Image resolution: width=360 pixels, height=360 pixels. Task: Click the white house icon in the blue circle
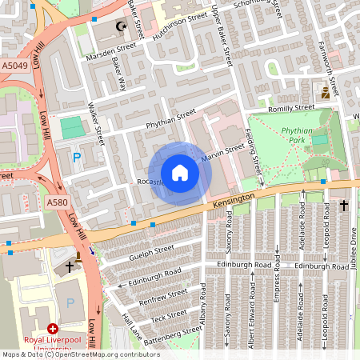click(179, 173)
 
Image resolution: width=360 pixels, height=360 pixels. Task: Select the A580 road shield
click(56, 203)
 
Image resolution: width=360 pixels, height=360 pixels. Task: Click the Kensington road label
click(234, 201)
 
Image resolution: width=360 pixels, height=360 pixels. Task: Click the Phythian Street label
click(170, 120)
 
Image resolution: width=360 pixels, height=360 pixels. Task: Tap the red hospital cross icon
click(53, 328)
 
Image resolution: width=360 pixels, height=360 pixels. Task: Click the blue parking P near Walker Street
click(77, 158)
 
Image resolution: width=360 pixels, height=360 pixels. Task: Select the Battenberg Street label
click(170, 335)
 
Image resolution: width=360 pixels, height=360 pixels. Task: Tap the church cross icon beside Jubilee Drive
click(344, 206)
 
